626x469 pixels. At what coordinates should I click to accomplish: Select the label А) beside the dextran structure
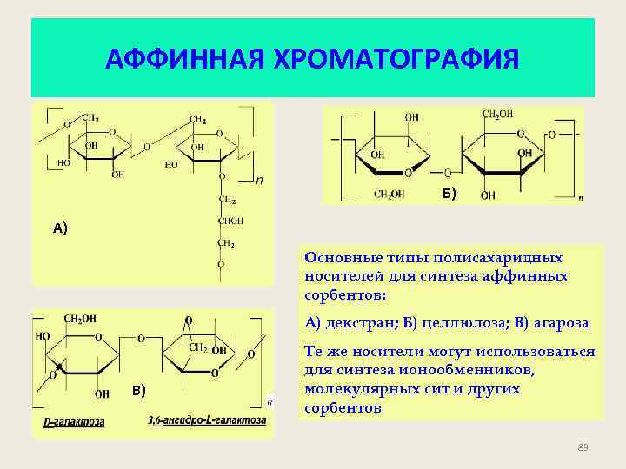60,228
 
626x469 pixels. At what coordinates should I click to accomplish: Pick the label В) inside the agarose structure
138,388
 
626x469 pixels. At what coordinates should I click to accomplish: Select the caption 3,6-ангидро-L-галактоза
207,421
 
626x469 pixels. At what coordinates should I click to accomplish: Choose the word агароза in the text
558,323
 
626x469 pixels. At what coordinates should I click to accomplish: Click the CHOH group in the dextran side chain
230,221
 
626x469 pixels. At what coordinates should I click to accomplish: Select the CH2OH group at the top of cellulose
497,114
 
